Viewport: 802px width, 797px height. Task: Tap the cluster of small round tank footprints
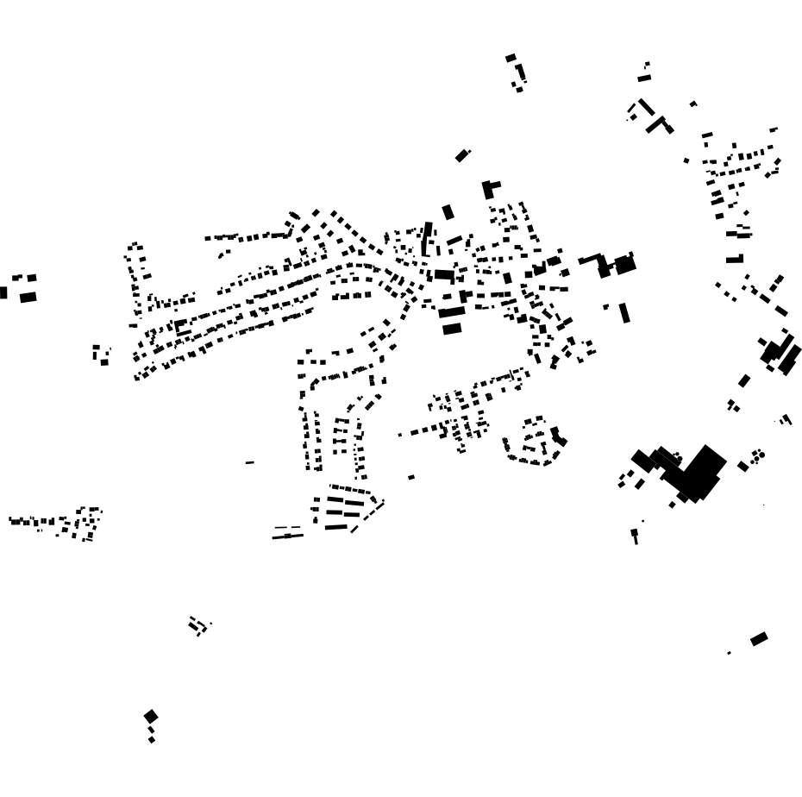[758, 455]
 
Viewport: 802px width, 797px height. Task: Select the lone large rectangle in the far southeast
[759, 639]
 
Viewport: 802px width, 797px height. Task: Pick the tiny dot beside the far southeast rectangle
[729, 653]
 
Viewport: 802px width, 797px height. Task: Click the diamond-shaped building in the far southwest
[151, 716]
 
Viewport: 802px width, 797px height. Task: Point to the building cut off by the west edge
[3, 292]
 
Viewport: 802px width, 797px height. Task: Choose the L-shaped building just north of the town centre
[490, 188]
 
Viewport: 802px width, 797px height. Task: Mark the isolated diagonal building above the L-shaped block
[462, 155]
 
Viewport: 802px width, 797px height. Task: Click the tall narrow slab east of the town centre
[624, 312]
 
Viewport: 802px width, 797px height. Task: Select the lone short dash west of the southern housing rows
[250, 463]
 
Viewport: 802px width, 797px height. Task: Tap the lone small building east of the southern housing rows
[411, 477]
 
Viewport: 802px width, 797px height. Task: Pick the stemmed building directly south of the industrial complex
[636, 536]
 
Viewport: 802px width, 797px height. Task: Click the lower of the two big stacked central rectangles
[452, 329]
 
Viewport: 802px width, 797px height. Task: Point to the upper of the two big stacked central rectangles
[451, 312]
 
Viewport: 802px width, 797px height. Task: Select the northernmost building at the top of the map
[511, 58]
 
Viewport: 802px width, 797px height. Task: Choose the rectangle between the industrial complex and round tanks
[742, 467]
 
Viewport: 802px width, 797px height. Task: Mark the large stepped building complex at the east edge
[781, 355]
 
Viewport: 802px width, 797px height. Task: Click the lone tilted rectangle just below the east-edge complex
[744, 380]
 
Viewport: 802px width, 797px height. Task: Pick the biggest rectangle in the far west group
[28, 298]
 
